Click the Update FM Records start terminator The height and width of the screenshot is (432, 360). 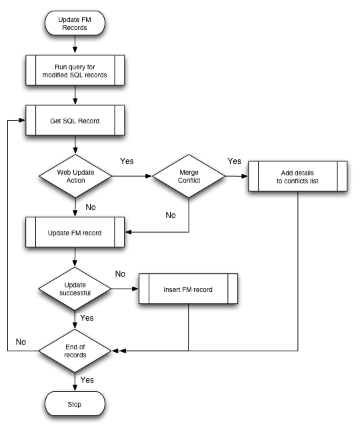pyautogui.click(x=75, y=23)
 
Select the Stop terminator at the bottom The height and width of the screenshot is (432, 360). pyautogui.click(x=75, y=404)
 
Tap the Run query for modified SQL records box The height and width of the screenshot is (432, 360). pyautogui.click(x=75, y=70)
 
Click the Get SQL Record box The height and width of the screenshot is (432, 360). pyautogui.click(x=75, y=120)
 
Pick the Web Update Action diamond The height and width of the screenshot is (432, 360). pyautogui.click(x=75, y=176)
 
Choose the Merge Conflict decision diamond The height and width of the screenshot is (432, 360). pyautogui.click(x=189, y=176)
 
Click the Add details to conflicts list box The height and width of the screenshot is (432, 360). pyautogui.click(x=297, y=176)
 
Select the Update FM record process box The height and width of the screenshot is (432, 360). pyautogui.click(x=75, y=232)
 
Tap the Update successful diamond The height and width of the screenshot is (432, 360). pyautogui.click(x=75, y=289)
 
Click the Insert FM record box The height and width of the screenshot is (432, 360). pyautogui.click(x=188, y=289)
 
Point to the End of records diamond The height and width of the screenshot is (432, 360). pyautogui.click(x=75, y=351)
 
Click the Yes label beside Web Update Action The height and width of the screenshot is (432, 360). pyautogui.click(x=127, y=161)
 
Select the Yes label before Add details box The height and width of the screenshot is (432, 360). pyautogui.click(x=235, y=161)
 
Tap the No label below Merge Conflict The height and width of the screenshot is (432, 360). pyautogui.click(x=171, y=215)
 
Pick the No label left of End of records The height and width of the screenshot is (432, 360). pyautogui.click(x=21, y=342)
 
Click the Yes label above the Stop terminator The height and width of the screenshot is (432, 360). pyautogui.click(x=87, y=380)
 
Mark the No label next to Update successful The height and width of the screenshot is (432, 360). pyautogui.click(x=120, y=274)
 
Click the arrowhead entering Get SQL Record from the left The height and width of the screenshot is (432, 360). pyautogui.click(x=22, y=120)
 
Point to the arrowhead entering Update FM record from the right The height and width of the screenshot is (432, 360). pyautogui.click(x=129, y=232)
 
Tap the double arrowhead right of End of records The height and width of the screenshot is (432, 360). pyautogui.click(x=119, y=351)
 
